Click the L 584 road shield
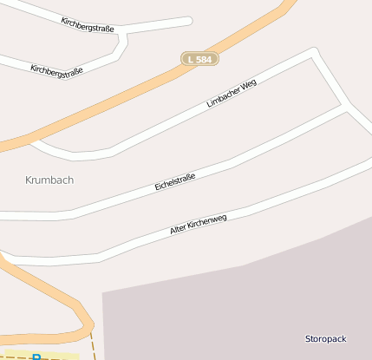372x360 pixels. point(199,59)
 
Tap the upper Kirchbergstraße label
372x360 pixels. point(88,23)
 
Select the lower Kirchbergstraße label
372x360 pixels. point(56,70)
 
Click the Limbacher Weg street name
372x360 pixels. point(232,93)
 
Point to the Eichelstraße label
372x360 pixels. point(175,181)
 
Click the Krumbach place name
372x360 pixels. point(49,180)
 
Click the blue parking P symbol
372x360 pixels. point(36,357)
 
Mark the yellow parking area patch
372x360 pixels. point(52,356)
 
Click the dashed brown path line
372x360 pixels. point(92,347)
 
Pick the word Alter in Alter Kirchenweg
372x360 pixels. point(179,229)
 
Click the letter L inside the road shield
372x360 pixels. point(190,59)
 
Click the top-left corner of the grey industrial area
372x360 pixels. point(103,293)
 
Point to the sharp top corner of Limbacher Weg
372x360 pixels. point(312,51)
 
